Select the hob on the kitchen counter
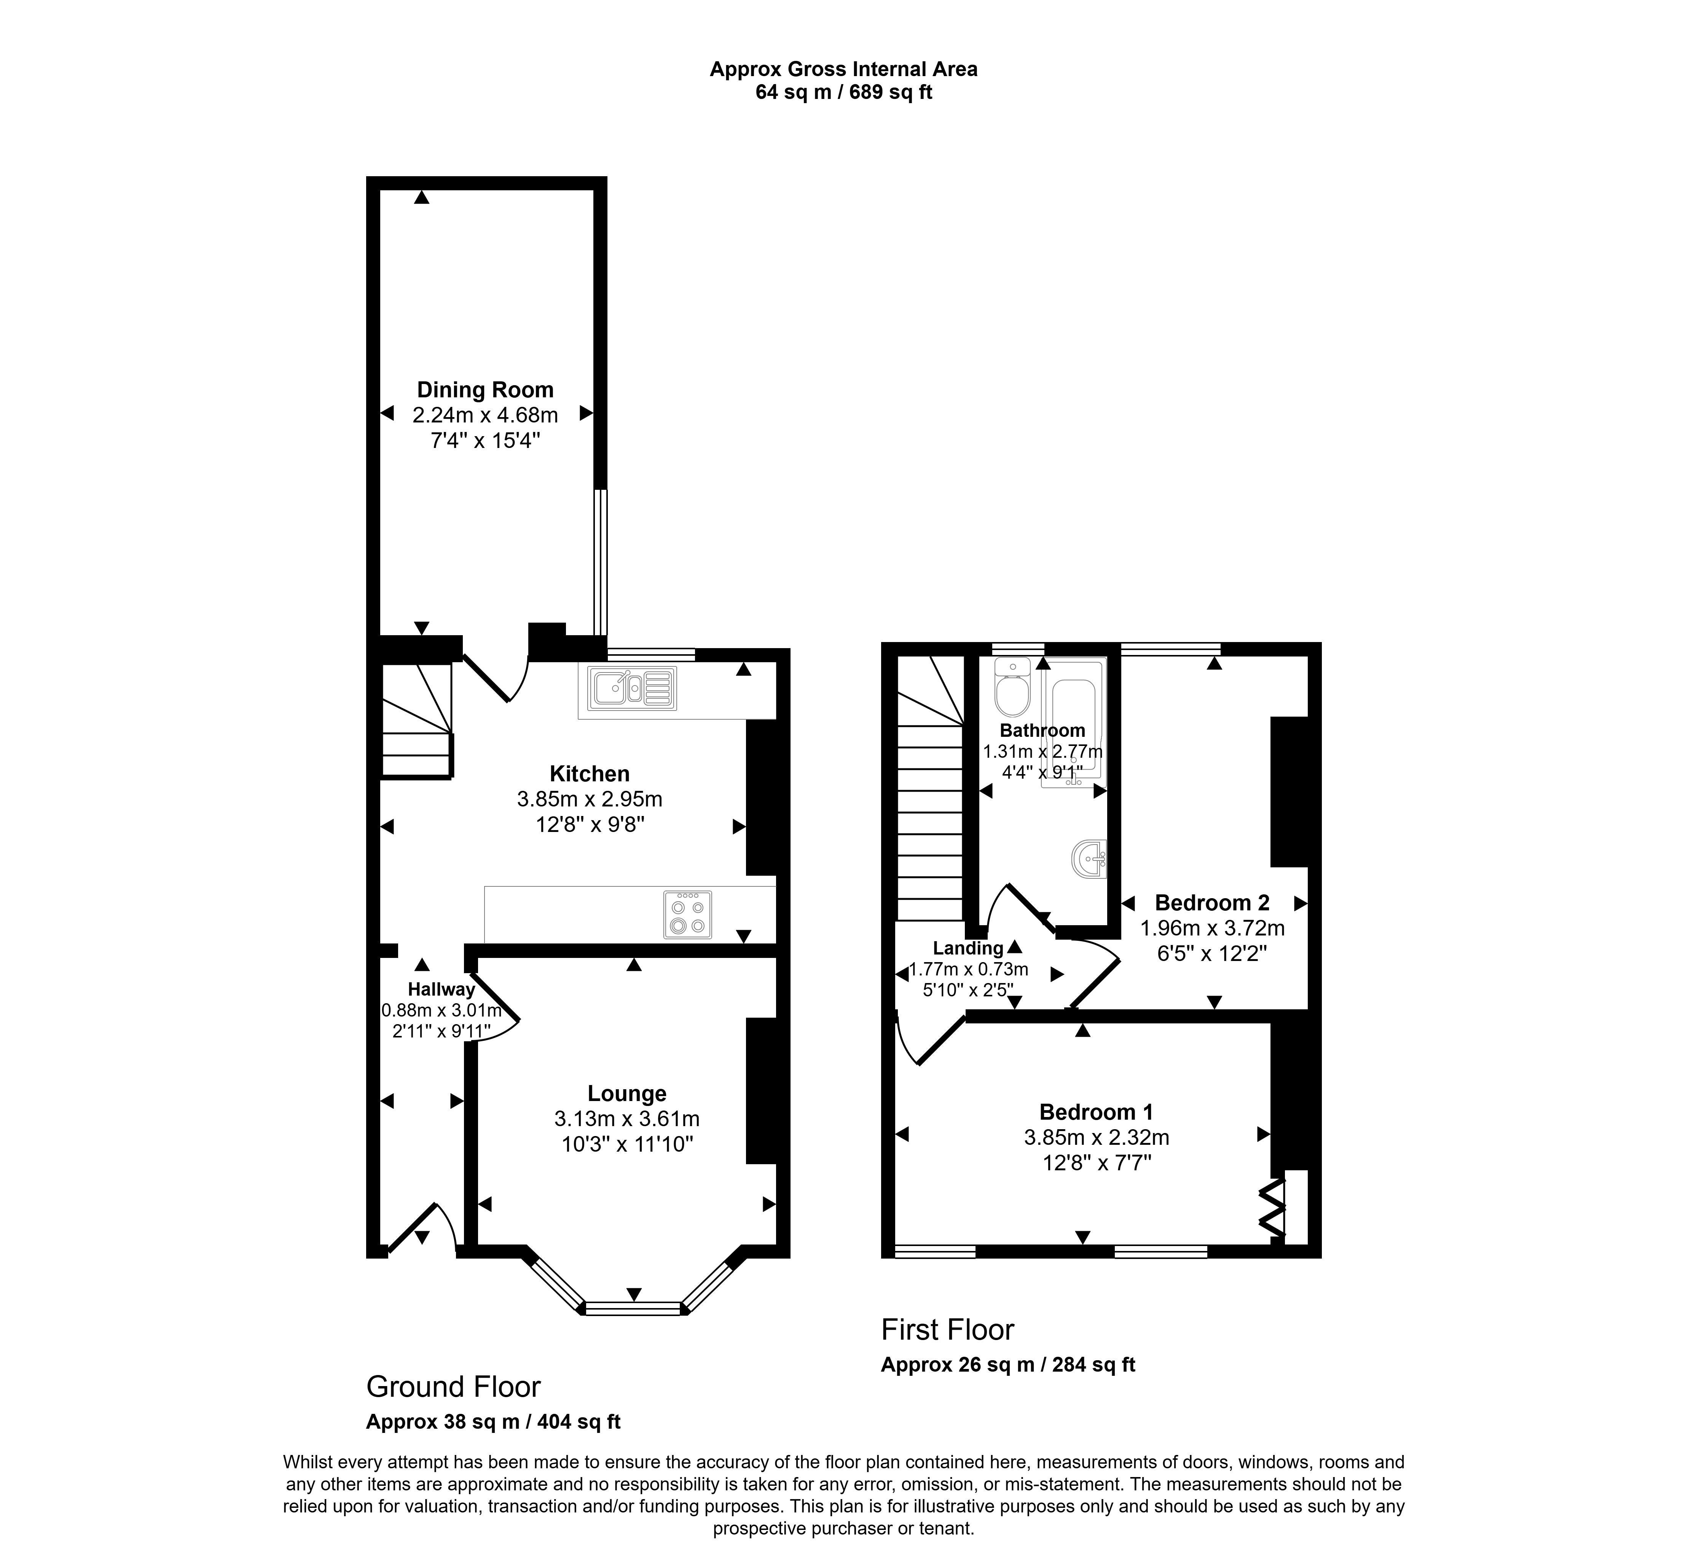(x=687, y=915)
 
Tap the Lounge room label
(x=627, y=1094)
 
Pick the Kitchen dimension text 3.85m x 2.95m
(x=590, y=799)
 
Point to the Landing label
(x=968, y=949)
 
